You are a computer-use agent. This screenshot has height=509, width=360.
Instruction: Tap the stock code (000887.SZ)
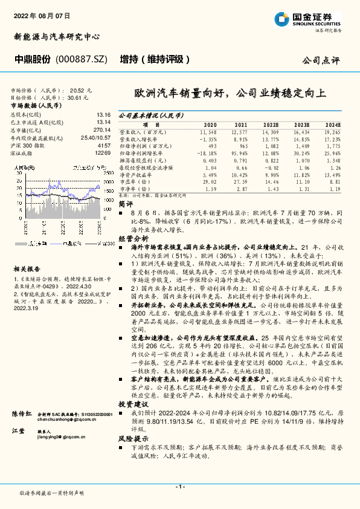[x=82, y=60]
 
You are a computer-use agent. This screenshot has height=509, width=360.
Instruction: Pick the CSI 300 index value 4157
[x=103, y=146]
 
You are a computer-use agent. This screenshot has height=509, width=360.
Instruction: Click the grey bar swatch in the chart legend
[x=22, y=244]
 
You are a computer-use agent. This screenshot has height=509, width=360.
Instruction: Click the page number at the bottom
[x=180, y=486]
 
